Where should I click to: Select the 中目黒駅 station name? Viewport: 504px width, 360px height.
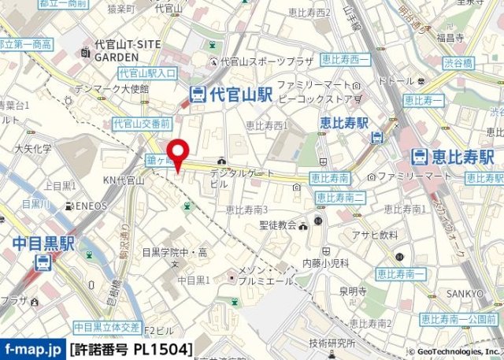pyautogui.click(x=44, y=244)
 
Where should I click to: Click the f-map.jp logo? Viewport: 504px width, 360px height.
pyautogui.click(x=32, y=347)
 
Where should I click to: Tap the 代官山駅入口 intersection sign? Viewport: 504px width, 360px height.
pyautogui.click(x=148, y=72)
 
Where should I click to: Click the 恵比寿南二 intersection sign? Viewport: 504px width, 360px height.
pyautogui.click(x=338, y=197)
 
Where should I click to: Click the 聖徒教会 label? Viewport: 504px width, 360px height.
pyautogui.click(x=277, y=225)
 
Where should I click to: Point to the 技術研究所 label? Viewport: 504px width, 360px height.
pyautogui.click(x=332, y=343)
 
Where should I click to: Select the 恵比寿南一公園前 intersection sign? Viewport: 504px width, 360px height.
pyautogui.click(x=458, y=319)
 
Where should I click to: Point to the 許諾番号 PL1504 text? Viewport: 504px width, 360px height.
pyautogui.click(x=131, y=347)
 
